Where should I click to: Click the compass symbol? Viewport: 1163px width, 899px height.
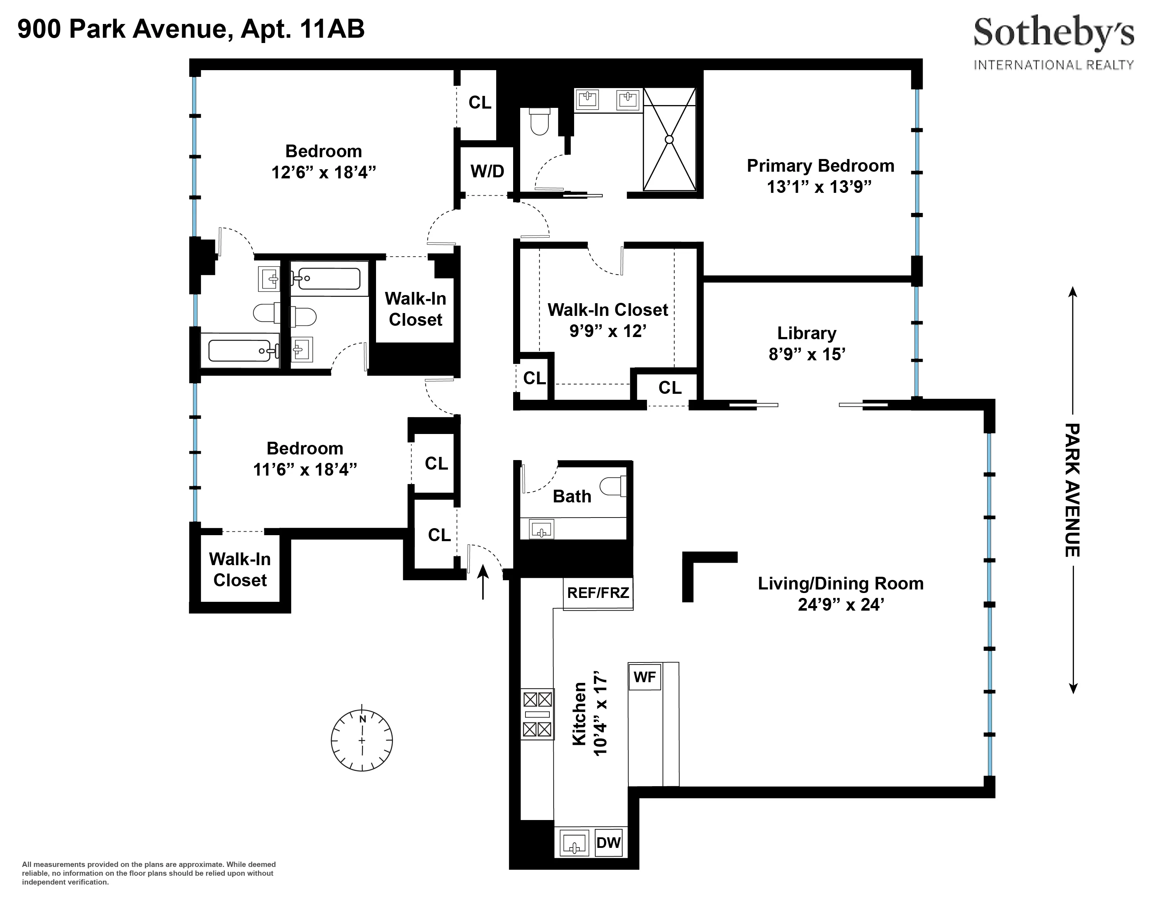(x=362, y=740)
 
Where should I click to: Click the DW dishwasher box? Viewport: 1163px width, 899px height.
(x=608, y=843)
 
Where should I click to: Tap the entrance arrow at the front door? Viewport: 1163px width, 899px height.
(x=482, y=582)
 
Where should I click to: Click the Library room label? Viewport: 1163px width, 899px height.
(x=806, y=334)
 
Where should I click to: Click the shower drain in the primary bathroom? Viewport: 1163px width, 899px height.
(x=669, y=140)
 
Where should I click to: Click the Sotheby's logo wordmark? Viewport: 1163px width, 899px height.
(x=1053, y=33)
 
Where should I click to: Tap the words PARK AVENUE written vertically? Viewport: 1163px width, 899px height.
(x=1072, y=490)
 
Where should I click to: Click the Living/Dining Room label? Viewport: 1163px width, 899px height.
(x=840, y=584)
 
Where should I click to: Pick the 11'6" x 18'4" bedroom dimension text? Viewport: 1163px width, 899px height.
(x=304, y=470)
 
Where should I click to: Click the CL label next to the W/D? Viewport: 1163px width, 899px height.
(x=479, y=102)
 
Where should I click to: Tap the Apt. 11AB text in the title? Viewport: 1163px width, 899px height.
(x=302, y=29)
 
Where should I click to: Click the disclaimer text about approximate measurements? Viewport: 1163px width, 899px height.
(x=149, y=873)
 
